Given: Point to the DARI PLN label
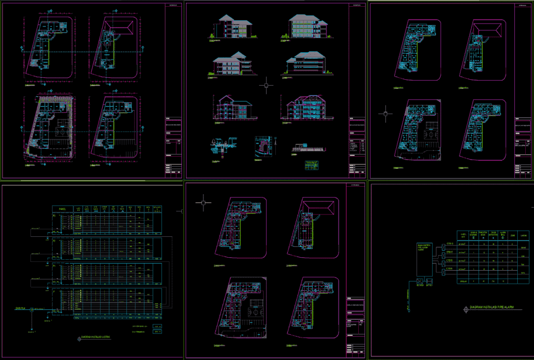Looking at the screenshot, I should [21, 309].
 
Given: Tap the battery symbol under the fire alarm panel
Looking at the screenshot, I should [429, 284].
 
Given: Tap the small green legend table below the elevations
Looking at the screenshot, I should [312, 165].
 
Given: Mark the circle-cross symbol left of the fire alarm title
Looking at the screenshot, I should [465, 309].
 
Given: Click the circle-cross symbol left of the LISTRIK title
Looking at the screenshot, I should [79, 338].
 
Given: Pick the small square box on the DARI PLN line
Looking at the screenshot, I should [32, 310].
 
